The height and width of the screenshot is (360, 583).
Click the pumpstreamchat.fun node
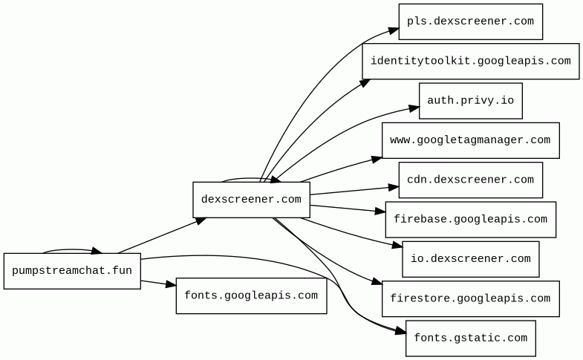point(72,271)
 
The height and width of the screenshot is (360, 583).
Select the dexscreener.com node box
point(251,200)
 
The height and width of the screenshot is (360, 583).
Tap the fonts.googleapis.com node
point(251,295)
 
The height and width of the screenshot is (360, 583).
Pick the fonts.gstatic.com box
point(470,338)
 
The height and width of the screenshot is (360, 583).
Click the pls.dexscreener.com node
point(470,22)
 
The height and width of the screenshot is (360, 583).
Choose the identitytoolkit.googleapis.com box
point(470,61)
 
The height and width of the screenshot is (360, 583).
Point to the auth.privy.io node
point(470,101)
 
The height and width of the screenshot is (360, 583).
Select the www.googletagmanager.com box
point(470,140)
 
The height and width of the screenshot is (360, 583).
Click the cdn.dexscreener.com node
point(470,180)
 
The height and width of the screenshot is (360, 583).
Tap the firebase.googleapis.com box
point(470,220)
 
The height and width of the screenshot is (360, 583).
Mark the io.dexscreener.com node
point(470,259)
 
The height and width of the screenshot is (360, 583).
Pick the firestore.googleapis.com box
point(470,298)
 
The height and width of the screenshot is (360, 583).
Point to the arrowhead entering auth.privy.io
point(414,108)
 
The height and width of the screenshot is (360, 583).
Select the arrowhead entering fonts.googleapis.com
point(170,285)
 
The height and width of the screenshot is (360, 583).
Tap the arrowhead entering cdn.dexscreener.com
point(393,186)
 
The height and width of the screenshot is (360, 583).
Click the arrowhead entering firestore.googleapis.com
point(377,283)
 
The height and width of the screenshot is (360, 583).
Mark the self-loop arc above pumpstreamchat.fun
point(71,249)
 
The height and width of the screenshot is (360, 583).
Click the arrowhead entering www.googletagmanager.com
point(377,158)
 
